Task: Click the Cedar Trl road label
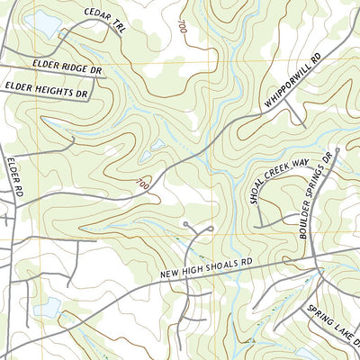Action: pyautogui.click(x=103, y=22)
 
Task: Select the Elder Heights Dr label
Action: pyautogui.click(x=46, y=87)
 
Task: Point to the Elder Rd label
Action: pyautogui.click(x=13, y=176)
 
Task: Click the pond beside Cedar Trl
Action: pyautogui.click(x=41, y=22)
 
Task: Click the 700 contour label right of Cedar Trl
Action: pyautogui.click(x=184, y=27)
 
